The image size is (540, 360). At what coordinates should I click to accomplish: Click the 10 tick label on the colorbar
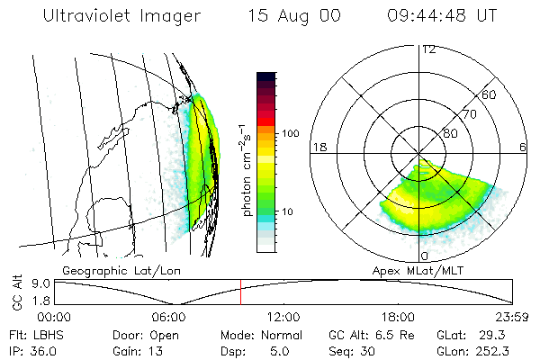(x=289, y=211)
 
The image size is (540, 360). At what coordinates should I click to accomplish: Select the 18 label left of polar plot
(x=318, y=147)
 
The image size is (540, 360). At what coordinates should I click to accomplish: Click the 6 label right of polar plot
(x=523, y=147)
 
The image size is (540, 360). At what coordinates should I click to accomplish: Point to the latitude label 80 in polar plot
(x=450, y=133)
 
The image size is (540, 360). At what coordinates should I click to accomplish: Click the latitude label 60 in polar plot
(x=490, y=94)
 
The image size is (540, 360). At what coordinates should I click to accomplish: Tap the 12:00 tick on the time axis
(x=283, y=316)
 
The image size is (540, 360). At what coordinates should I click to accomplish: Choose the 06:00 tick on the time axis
(x=168, y=316)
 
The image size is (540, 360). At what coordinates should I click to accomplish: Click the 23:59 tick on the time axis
(x=511, y=316)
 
